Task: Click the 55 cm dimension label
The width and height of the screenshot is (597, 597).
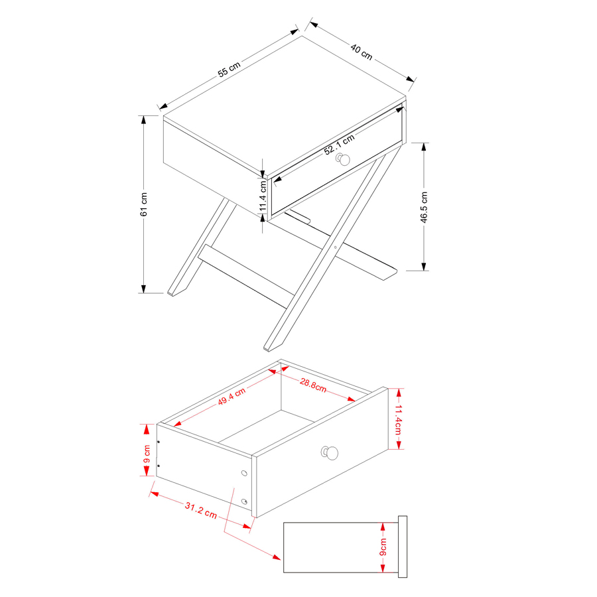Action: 230,69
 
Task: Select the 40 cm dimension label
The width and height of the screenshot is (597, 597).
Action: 362,52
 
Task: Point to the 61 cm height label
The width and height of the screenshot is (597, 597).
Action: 143,204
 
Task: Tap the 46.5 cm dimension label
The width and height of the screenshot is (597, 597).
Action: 424,207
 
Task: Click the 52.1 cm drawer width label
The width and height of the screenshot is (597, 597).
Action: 339,145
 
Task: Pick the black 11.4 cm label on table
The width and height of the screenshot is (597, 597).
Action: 263,196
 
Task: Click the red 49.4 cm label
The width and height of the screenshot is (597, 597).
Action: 232,397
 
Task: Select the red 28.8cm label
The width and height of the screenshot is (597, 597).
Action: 313,385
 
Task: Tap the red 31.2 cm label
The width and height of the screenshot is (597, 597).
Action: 200,511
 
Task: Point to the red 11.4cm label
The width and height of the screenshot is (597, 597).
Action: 398,420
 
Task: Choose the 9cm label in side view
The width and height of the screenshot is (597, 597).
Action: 383,547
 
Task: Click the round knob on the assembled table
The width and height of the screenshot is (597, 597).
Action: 344,159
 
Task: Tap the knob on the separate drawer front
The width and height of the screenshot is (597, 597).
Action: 330,452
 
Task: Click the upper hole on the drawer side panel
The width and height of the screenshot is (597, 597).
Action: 244,473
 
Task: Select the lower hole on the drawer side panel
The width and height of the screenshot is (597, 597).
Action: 244,501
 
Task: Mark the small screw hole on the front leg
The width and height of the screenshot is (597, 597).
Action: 335,247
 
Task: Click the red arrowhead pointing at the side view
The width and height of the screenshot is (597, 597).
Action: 277,557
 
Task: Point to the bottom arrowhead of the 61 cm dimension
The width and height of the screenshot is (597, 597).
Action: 143,289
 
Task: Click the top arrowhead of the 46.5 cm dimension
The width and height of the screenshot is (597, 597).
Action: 424,147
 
